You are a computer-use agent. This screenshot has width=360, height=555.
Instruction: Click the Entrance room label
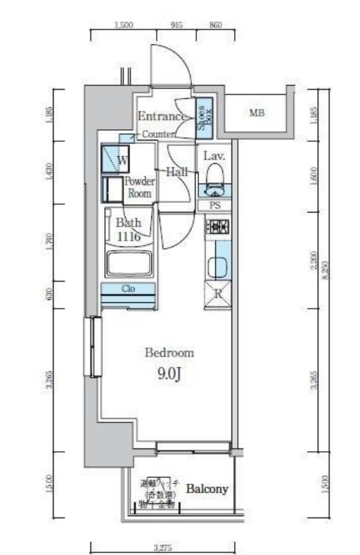(162, 117)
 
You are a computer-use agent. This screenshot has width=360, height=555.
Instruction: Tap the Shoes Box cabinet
(202, 117)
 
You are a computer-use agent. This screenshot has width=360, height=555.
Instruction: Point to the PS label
(215, 205)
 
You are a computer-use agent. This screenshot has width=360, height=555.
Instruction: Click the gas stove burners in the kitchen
(217, 227)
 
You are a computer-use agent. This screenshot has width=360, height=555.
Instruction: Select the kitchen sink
(217, 266)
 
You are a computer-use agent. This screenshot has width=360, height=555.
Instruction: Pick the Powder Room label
(139, 186)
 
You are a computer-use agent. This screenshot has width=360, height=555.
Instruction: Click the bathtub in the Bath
(128, 264)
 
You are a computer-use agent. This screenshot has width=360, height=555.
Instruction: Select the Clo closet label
(128, 289)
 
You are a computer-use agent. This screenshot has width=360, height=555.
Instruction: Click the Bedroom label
(169, 352)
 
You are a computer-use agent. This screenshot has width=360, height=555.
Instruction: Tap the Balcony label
(207, 489)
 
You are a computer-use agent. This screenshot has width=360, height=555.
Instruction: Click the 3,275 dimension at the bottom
(162, 546)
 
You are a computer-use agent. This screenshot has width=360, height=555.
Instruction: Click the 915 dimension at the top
(176, 25)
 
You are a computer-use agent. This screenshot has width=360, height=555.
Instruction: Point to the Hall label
(176, 172)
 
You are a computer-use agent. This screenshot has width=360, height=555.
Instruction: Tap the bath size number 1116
(128, 237)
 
